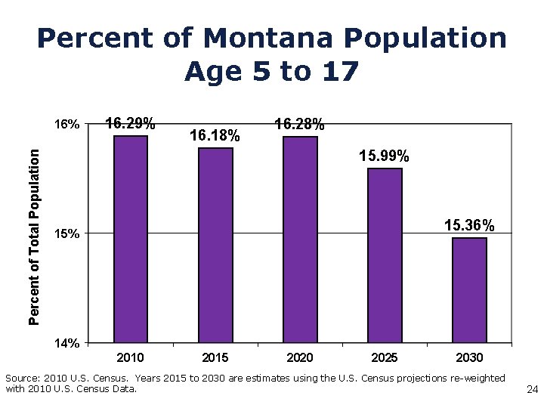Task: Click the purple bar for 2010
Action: click(131, 239)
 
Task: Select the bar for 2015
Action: click(215, 245)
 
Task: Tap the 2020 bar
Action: click(300, 239)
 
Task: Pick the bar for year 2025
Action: click(385, 255)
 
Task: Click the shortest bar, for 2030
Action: click(469, 290)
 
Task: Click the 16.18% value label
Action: click(215, 136)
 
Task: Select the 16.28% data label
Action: click(300, 124)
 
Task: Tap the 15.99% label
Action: click(385, 156)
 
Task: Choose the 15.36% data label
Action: click(469, 225)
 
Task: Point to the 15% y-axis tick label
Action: click(66, 234)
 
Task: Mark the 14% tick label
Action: click(66, 344)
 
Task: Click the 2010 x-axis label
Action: click(131, 357)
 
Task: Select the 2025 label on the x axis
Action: click(385, 357)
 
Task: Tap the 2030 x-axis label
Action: click(469, 357)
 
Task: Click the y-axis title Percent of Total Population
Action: click(34, 236)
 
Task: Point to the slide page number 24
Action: click(531, 390)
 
